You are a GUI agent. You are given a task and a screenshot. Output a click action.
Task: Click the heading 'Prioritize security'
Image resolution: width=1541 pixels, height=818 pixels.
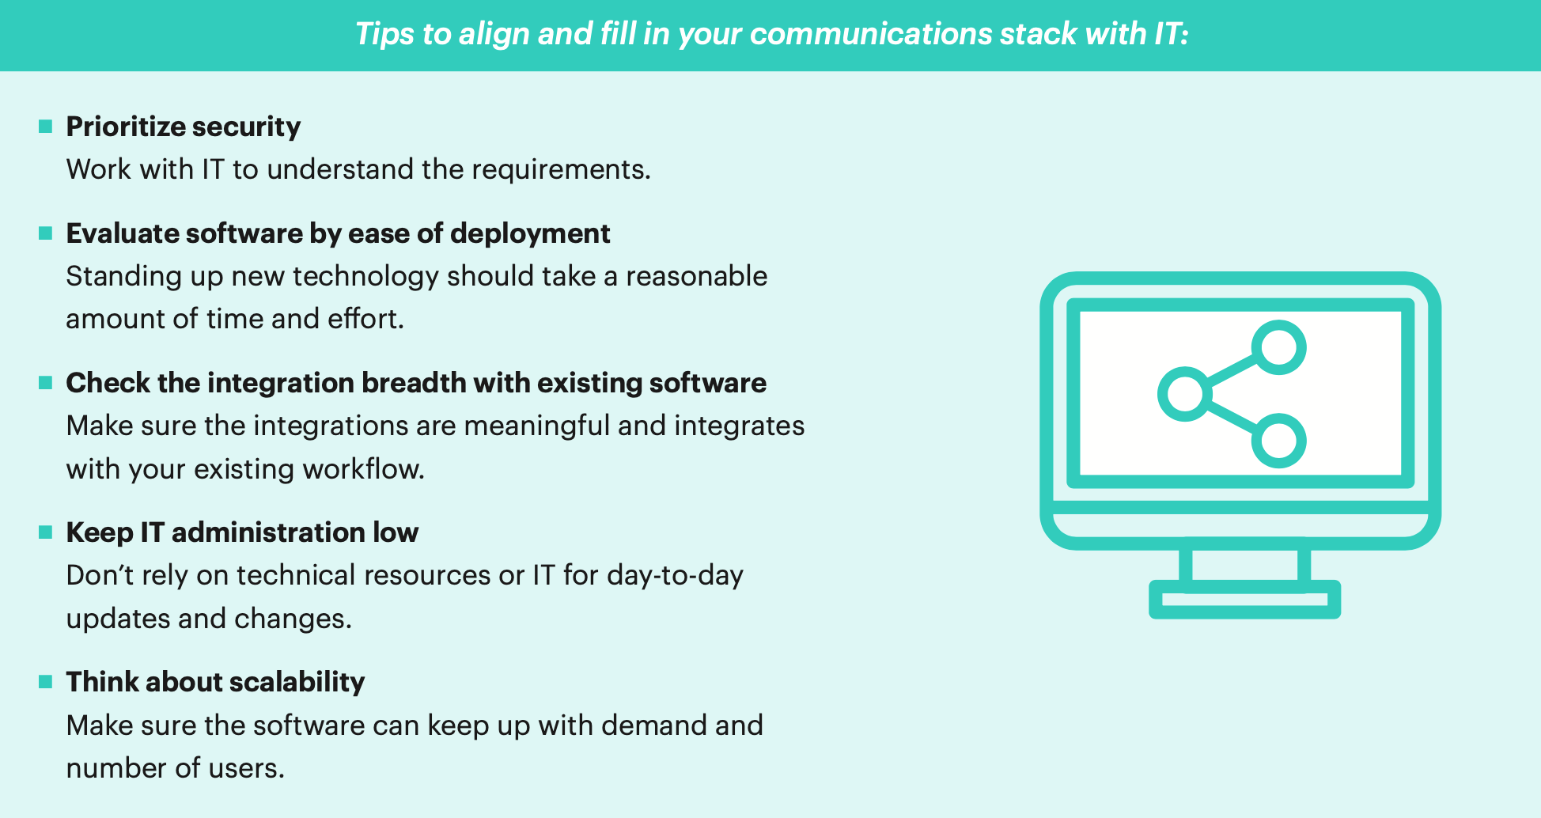[x=184, y=127]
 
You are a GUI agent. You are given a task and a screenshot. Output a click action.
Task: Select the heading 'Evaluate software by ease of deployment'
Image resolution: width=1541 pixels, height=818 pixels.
[x=338, y=233]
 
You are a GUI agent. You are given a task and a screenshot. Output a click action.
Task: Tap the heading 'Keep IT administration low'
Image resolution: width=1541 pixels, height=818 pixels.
[x=242, y=532]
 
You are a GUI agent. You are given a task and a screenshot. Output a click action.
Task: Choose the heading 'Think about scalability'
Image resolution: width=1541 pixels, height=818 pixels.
[x=215, y=682]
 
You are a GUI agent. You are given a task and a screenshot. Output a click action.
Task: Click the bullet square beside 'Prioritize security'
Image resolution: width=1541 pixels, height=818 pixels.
[x=46, y=126]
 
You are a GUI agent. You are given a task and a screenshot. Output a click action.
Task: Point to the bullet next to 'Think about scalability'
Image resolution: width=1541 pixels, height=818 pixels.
[x=46, y=681]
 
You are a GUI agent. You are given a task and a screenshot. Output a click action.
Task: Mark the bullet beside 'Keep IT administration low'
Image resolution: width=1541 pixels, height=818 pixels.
[x=46, y=532]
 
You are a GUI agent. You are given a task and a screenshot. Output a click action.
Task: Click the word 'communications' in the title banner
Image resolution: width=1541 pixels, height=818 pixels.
[x=870, y=34]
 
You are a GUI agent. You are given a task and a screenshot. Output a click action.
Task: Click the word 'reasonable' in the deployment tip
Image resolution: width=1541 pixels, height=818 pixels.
[x=697, y=276]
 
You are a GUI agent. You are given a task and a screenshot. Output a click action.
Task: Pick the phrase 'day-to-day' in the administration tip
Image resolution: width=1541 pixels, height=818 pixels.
[x=676, y=576]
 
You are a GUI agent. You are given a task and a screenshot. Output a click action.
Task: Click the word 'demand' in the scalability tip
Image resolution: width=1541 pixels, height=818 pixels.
[x=654, y=725]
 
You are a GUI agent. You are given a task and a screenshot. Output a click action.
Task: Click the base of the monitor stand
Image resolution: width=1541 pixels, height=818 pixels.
[x=1244, y=600]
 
